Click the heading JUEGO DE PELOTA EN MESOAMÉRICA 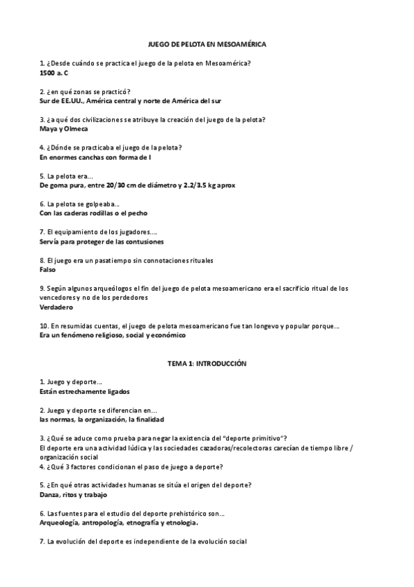click(x=207, y=44)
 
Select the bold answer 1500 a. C click(x=55, y=72)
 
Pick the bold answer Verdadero click(x=57, y=307)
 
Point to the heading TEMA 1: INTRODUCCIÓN click(x=207, y=363)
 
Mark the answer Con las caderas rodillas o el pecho click(x=93, y=213)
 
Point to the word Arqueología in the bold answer click(x=61, y=523)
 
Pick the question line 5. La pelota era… click(x=67, y=176)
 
